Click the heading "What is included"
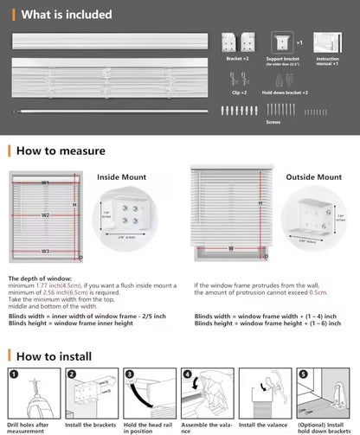[67, 15]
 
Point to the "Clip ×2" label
[239, 92]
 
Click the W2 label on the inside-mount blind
[45, 215]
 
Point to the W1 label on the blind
[45, 183]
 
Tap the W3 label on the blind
[45, 251]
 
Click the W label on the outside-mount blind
[230, 247]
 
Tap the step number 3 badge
[129, 374]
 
